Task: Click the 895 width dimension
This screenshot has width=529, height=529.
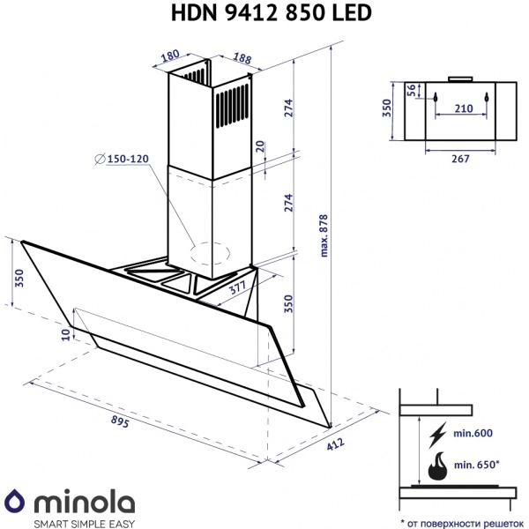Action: tap(121, 421)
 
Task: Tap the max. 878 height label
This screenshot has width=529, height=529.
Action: tap(324, 237)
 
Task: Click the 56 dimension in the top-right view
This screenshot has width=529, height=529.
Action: tap(411, 91)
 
